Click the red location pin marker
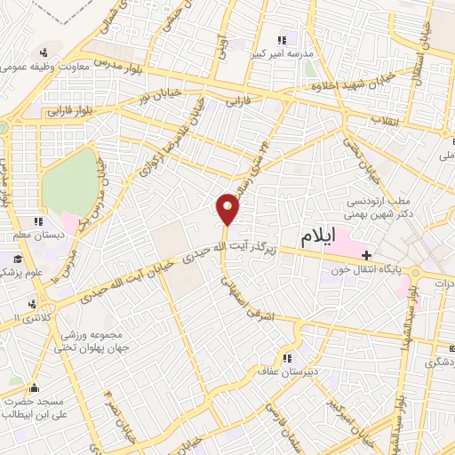tap(228, 209)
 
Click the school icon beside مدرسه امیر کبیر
tap(283, 39)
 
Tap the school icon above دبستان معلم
tap(36, 220)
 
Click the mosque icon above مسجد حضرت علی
tap(34, 387)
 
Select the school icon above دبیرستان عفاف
tap(285, 359)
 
